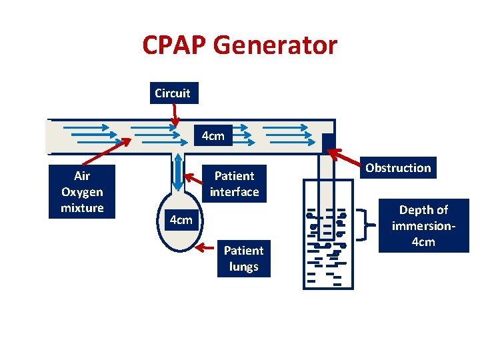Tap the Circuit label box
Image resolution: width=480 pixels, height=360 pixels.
coord(173,93)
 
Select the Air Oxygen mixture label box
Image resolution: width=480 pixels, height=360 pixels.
coord(82,192)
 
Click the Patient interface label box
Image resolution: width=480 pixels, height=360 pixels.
coord(234,184)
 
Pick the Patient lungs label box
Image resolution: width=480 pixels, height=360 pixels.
coord(243,259)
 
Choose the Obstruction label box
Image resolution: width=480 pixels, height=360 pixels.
coord(398,168)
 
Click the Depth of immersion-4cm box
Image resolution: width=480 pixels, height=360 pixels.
coord(423,226)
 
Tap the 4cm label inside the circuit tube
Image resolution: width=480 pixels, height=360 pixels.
coord(213,137)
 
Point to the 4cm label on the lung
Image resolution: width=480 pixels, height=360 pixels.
coord(180,220)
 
